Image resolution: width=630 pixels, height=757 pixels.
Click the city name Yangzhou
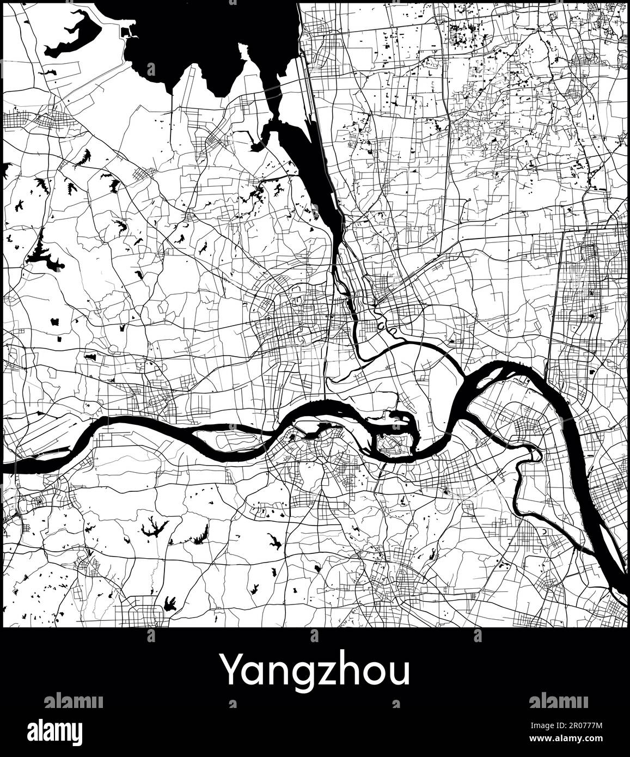(315, 671)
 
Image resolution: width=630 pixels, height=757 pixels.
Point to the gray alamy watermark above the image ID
(558, 701)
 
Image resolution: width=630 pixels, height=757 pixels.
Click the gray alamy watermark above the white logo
(73, 701)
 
